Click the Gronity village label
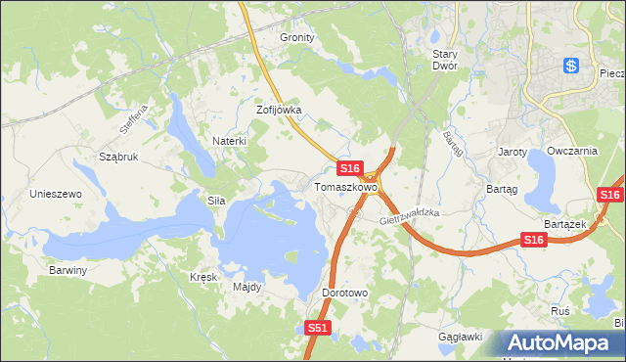click(297, 37)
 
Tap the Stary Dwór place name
click(452, 61)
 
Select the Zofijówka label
click(279, 111)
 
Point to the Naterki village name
click(229, 141)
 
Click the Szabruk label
click(118, 157)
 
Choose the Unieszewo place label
click(56, 194)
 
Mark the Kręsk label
click(202, 277)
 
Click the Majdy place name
click(246, 287)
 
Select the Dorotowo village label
click(343, 293)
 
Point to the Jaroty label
click(513, 153)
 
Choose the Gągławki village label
click(461, 337)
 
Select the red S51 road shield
click(316, 330)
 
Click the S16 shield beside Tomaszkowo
click(351, 168)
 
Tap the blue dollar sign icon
click(572, 66)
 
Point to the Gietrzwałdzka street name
click(412, 218)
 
